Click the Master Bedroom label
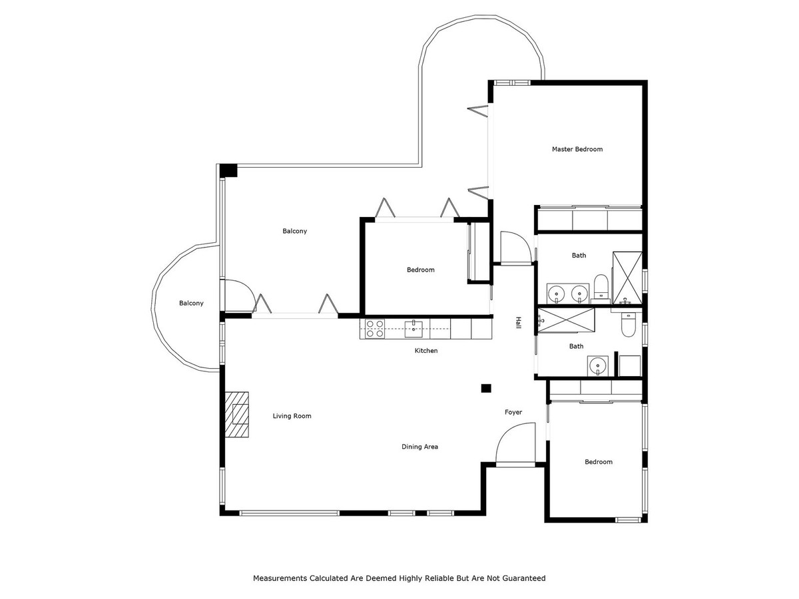point(577,149)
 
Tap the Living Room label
point(292,416)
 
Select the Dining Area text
point(419,447)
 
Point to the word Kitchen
point(426,351)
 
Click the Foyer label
point(513,412)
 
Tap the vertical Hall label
point(518,323)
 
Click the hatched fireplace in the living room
point(236,415)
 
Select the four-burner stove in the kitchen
point(375,329)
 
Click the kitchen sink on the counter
point(413,329)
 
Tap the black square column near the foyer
point(486,389)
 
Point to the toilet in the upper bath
point(601,289)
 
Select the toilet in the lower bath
point(628,324)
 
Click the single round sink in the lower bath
point(597,365)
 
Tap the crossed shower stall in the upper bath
point(627,278)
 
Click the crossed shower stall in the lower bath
point(566,320)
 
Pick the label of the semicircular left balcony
point(191,303)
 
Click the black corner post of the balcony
point(228,171)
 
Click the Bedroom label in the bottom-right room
point(599,462)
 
